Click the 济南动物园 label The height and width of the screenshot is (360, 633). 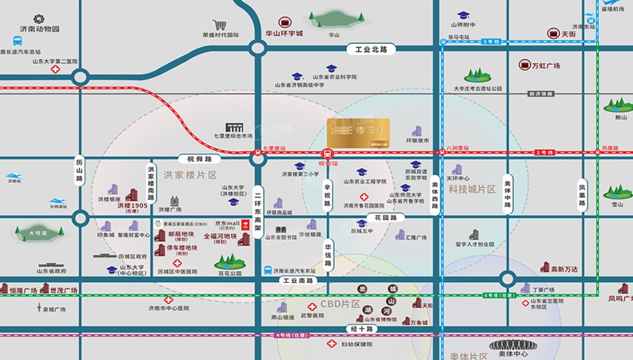[x=39, y=29]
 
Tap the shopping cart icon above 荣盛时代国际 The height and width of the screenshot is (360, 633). [x=219, y=25]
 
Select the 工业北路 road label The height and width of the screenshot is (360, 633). [x=371, y=49]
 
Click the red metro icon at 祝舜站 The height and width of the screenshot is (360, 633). [x=327, y=153]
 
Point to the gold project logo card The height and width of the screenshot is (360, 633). [x=358, y=133]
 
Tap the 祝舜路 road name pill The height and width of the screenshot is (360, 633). [x=199, y=159]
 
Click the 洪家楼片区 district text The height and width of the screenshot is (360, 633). [x=190, y=175]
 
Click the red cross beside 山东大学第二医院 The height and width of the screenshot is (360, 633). [x=55, y=69]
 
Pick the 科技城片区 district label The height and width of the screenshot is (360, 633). [x=472, y=189]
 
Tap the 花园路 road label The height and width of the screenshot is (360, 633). [x=385, y=217]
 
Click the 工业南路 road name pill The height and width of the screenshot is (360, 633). [x=299, y=280]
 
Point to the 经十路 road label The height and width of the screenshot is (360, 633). [x=362, y=329]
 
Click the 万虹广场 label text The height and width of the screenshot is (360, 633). [x=546, y=66]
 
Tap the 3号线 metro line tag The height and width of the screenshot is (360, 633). [x=491, y=42]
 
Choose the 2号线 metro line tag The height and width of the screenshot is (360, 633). [x=545, y=152]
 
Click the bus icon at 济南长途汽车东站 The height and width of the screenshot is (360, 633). [x=268, y=270]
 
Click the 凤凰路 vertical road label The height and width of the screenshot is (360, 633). [x=582, y=195]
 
